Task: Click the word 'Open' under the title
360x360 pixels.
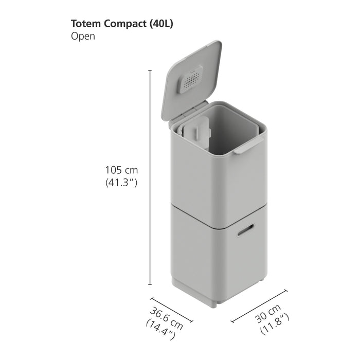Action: pos(83,37)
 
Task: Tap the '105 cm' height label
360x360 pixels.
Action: pos(121,170)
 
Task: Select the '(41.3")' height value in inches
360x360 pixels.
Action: pos(121,182)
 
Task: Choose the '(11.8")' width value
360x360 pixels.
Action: pos(275,323)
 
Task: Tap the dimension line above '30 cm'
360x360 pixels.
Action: pos(259,306)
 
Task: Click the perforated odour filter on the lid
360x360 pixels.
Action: pos(191,81)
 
